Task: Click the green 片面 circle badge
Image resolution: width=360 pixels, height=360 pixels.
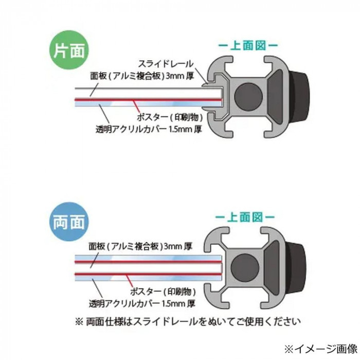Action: (x=69, y=50)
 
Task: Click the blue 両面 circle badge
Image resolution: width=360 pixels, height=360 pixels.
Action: (x=69, y=222)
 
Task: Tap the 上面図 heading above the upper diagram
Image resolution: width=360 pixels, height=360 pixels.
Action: (x=248, y=45)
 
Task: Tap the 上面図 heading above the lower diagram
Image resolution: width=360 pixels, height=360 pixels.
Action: (x=245, y=217)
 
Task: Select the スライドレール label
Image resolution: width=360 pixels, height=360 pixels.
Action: (x=166, y=64)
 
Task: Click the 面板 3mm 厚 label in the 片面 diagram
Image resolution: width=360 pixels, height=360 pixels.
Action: (x=142, y=76)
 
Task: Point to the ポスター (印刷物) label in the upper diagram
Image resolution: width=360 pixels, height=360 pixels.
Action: (x=170, y=118)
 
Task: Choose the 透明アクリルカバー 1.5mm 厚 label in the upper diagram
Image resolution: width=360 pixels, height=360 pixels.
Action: (x=149, y=130)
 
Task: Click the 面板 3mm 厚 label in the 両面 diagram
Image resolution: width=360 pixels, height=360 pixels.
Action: (x=140, y=246)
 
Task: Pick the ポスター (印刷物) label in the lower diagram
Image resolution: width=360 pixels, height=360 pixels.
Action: (x=163, y=292)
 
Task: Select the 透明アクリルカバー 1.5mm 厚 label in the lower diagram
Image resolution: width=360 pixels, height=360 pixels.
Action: (x=142, y=304)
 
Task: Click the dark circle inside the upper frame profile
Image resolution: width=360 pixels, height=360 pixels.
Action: (x=248, y=97)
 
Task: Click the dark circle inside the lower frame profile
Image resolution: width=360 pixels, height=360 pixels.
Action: (x=245, y=268)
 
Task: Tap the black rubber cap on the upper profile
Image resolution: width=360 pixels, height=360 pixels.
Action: (x=300, y=97)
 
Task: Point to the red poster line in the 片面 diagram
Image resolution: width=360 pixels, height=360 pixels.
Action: (x=148, y=100)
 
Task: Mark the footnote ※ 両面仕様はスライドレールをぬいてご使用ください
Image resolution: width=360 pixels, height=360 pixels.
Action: (x=188, y=321)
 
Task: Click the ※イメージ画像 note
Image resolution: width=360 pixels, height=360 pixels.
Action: (x=321, y=349)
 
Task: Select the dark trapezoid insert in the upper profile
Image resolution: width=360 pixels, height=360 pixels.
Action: (x=275, y=97)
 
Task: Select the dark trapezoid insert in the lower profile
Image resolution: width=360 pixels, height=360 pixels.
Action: (x=272, y=268)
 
